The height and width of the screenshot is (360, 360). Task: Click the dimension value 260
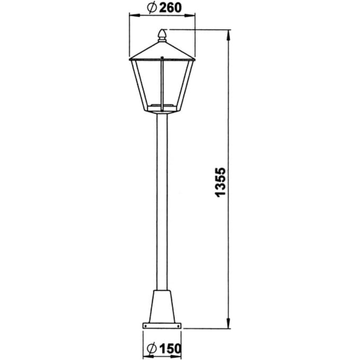170,8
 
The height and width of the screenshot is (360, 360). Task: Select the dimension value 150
170,349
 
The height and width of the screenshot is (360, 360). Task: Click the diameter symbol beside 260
152,8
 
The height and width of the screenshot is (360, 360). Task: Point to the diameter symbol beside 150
151,349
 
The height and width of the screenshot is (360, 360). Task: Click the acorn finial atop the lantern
162,35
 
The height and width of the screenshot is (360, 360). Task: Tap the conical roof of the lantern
162,51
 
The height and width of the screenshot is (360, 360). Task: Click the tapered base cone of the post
162,307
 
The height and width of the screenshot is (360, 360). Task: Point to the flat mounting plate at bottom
162,326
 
